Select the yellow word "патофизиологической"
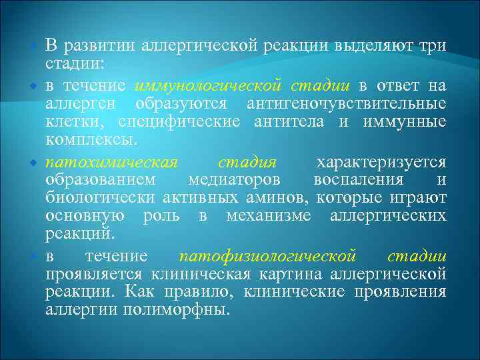[267, 257]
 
